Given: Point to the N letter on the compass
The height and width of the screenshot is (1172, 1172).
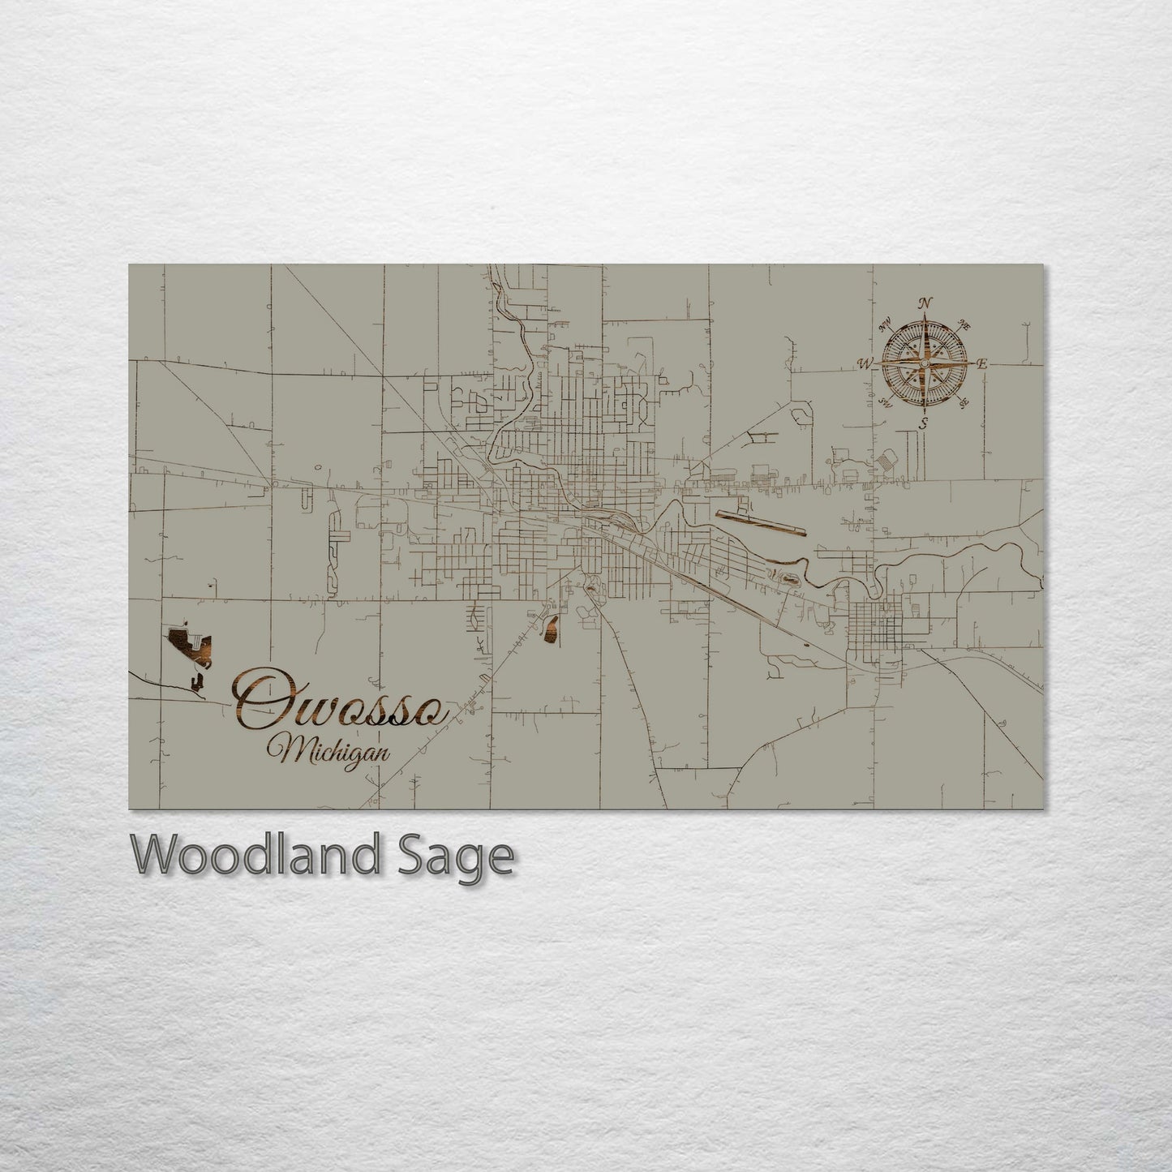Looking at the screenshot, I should click(923, 304).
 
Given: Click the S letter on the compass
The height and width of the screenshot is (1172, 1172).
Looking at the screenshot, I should click(923, 423).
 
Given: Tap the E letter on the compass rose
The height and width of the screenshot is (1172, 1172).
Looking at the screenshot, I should click(981, 364).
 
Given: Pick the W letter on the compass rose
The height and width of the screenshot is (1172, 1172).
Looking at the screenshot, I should click(865, 364).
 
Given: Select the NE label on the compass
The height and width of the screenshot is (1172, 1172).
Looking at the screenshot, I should click(964, 324).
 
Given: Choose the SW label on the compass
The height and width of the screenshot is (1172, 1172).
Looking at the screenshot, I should click(885, 403).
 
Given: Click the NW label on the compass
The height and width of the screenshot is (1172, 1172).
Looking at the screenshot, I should click(884, 328).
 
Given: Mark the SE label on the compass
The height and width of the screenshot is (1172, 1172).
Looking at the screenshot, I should click(964, 402).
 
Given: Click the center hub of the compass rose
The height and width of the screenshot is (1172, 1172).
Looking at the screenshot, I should click(923, 364).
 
